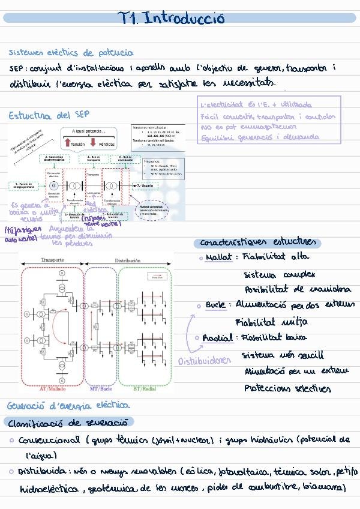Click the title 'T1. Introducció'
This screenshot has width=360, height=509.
(172, 18)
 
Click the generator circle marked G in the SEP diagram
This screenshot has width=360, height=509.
(53, 185)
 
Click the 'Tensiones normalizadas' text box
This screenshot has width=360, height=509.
(157, 137)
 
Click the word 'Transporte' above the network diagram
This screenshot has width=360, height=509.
(52, 261)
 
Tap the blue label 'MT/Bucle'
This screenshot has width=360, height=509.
(101, 389)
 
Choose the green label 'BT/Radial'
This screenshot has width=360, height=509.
(145, 389)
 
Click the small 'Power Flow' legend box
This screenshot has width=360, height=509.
(158, 278)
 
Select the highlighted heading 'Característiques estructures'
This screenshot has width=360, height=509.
(257, 243)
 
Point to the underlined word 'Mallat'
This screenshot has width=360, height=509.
(218, 258)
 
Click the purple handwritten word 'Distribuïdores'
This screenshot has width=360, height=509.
(205, 361)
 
